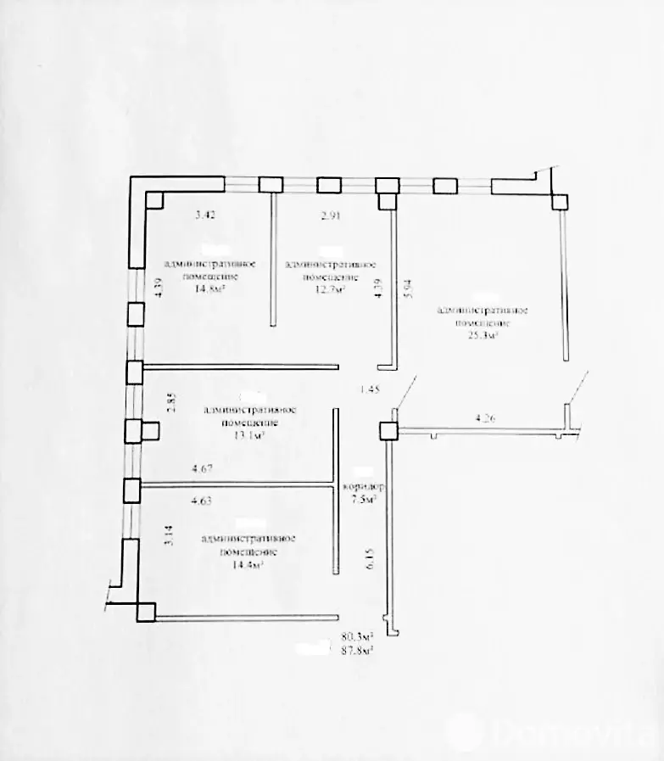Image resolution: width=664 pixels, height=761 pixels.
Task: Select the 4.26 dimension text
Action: pos(487,417)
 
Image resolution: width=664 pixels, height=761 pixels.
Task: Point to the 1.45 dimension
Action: pos(371,389)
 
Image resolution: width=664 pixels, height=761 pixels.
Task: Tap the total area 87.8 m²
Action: pos(358,650)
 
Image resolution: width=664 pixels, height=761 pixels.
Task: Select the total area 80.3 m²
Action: pos(358,635)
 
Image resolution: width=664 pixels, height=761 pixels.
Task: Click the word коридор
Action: pos(363,488)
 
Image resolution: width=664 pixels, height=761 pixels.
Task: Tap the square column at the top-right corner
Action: pos(560,201)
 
